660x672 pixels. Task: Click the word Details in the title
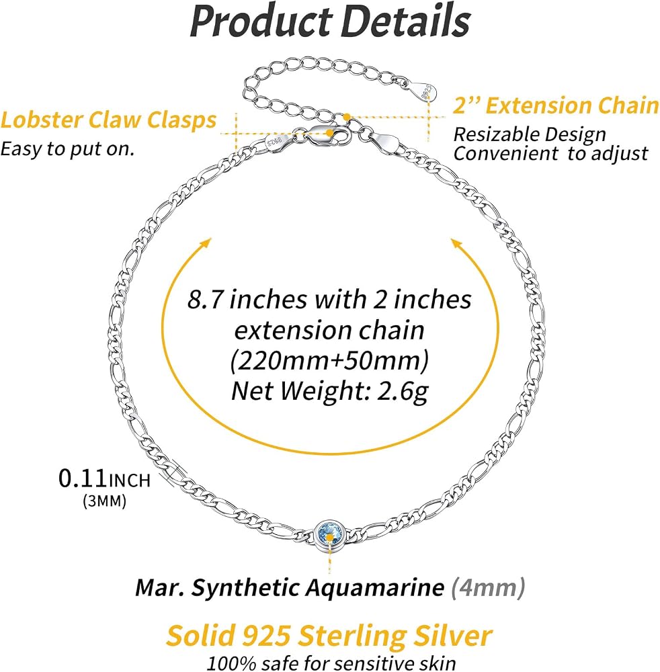pyautogui.click(x=407, y=21)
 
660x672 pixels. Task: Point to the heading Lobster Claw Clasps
pyautogui.click(x=108, y=120)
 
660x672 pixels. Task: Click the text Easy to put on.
pyautogui.click(x=67, y=149)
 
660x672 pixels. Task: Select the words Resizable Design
pyautogui.click(x=530, y=134)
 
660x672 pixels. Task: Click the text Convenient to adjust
pyautogui.click(x=550, y=153)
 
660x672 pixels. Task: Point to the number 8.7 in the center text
pyautogui.click(x=205, y=299)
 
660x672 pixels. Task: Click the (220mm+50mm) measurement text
pyautogui.click(x=329, y=360)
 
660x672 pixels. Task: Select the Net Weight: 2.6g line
pyautogui.click(x=329, y=391)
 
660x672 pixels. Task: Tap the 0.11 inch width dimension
pyautogui.click(x=105, y=478)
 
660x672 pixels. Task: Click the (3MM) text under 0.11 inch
pyautogui.click(x=105, y=501)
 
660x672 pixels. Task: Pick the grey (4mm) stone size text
pyautogui.click(x=488, y=587)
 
